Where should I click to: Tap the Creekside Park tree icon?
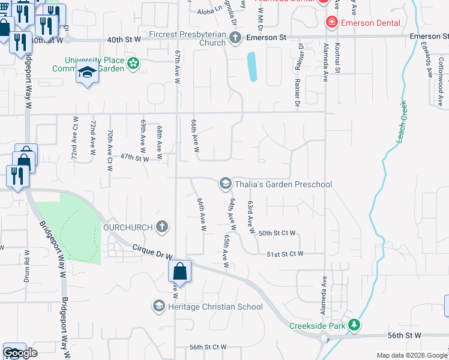click(355, 325)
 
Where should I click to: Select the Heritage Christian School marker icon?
click(158, 307)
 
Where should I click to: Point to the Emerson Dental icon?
click(330, 23)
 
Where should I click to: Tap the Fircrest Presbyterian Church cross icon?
click(235, 38)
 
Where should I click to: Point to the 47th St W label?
click(134, 158)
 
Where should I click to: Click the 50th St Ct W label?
click(277, 233)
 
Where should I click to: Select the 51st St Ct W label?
click(285, 254)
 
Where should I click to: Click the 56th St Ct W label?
click(208, 347)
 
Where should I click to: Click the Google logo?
click(20, 352)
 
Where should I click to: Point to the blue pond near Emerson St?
click(252, 67)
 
